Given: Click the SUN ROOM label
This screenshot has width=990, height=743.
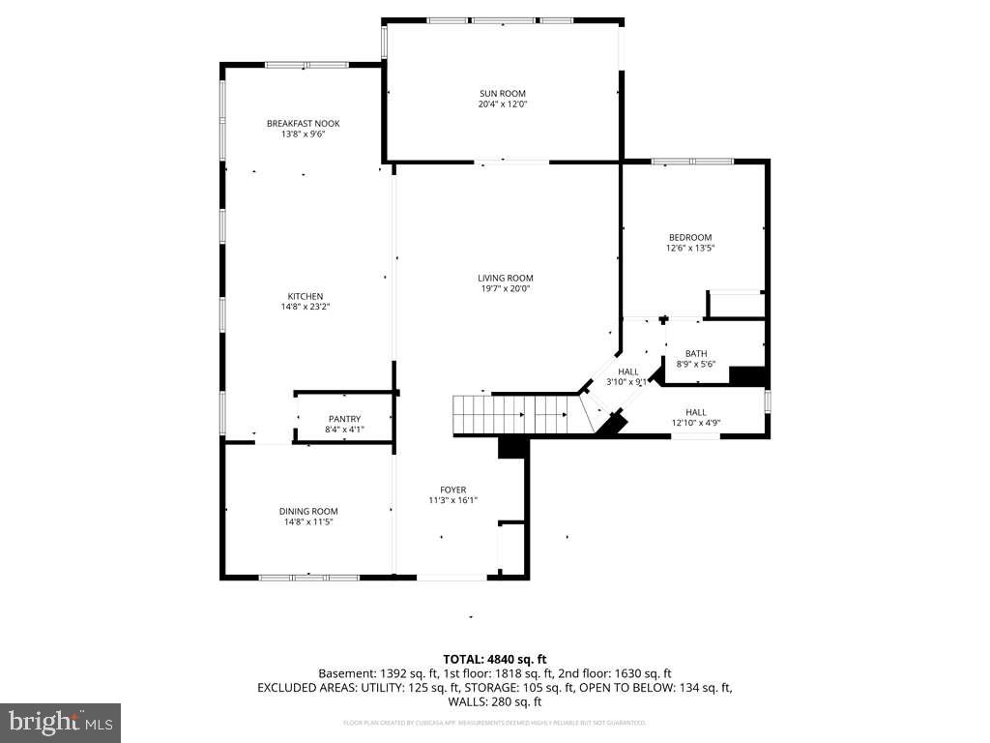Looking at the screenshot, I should click(502, 93).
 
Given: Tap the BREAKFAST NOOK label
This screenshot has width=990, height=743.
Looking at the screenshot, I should click(303, 123).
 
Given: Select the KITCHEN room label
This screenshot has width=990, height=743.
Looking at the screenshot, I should click(305, 296).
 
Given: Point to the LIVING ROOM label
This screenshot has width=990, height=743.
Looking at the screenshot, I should click(506, 278).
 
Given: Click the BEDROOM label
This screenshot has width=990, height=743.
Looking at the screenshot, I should click(689, 237).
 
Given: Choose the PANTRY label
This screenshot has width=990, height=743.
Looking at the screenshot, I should click(343, 419).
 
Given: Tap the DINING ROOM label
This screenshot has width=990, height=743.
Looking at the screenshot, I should click(308, 511).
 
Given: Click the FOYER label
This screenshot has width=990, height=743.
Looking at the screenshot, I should click(453, 490).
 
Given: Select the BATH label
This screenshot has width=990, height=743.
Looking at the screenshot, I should click(696, 353).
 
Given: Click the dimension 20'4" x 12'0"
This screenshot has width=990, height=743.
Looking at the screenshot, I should click(502, 104).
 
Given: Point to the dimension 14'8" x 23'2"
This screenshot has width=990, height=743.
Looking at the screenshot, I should click(305, 307).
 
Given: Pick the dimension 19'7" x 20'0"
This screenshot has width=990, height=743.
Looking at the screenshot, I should click(506, 288).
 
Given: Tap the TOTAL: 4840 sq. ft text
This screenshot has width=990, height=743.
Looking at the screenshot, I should click(494, 659).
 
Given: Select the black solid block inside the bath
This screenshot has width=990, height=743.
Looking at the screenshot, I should click(746, 376).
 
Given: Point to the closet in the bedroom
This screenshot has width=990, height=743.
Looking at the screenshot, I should click(736, 305).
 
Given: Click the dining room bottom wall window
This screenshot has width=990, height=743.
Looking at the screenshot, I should click(295, 578).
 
